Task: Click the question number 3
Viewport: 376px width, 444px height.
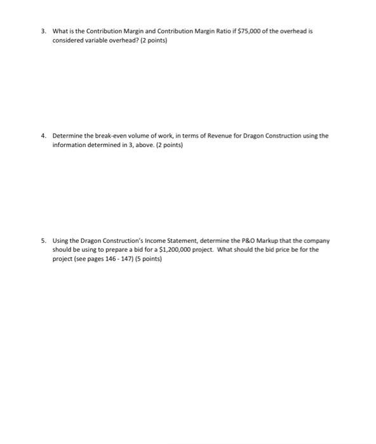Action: pyautogui.click(x=42, y=30)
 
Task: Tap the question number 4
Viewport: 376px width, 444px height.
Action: pyautogui.click(x=42, y=136)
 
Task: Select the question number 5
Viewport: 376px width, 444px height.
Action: pyautogui.click(x=42, y=241)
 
